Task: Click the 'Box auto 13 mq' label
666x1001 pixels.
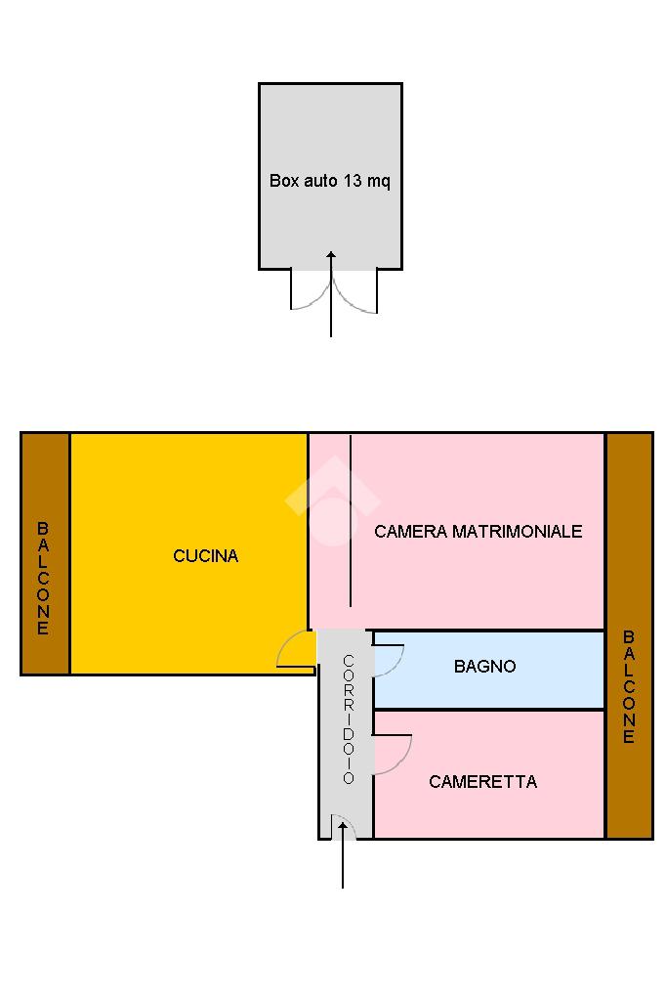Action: pyautogui.click(x=329, y=181)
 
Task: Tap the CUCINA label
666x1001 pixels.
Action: pyautogui.click(x=205, y=556)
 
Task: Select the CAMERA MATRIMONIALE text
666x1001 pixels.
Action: pyautogui.click(x=478, y=532)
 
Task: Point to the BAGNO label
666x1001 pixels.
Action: pyautogui.click(x=484, y=667)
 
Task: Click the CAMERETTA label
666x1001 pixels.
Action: pyautogui.click(x=482, y=782)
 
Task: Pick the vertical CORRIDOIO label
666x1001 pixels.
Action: pyautogui.click(x=348, y=719)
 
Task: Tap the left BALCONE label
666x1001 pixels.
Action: pyautogui.click(x=43, y=579)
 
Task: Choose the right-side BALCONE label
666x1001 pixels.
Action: pyautogui.click(x=629, y=687)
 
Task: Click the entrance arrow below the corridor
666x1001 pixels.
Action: pyautogui.click(x=343, y=855)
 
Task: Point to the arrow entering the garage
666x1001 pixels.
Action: pyautogui.click(x=331, y=293)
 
